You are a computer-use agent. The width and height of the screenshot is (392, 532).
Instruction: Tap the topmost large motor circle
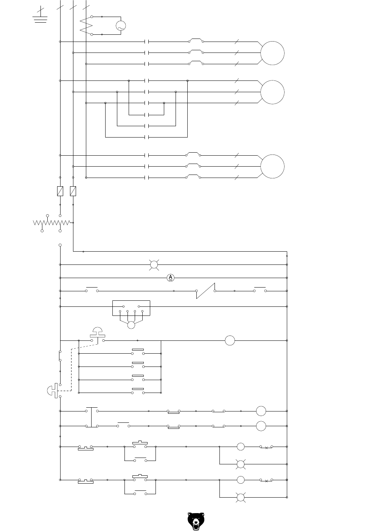[x=272, y=53]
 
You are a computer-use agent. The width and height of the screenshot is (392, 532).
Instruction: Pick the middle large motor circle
[x=272, y=92]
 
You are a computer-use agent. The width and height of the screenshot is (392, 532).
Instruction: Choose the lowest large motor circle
[x=272, y=166]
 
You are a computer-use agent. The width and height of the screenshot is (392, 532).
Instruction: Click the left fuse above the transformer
[x=60, y=191]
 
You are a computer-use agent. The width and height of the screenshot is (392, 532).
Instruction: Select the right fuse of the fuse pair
[x=73, y=191]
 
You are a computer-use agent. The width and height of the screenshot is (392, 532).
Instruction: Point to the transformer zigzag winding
[x=52, y=223]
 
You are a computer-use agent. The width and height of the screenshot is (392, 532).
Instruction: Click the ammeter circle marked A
[x=170, y=278]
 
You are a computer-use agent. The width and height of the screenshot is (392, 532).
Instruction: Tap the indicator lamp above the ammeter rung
[x=154, y=265]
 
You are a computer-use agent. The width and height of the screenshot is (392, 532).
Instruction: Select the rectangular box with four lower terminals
[x=131, y=308]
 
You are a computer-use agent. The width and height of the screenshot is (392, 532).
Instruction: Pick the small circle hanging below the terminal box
[x=131, y=325]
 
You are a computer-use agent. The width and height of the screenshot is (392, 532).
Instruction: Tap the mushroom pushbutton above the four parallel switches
[x=98, y=332]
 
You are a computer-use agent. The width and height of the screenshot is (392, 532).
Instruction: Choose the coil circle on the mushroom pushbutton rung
[x=230, y=340]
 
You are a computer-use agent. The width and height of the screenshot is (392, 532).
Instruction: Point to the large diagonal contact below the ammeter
[x=205, y=291]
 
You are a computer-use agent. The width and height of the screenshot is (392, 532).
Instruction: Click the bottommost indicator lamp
[x=240, y=497]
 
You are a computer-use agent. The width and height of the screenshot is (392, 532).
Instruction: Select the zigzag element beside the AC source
[x=87, y=26]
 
